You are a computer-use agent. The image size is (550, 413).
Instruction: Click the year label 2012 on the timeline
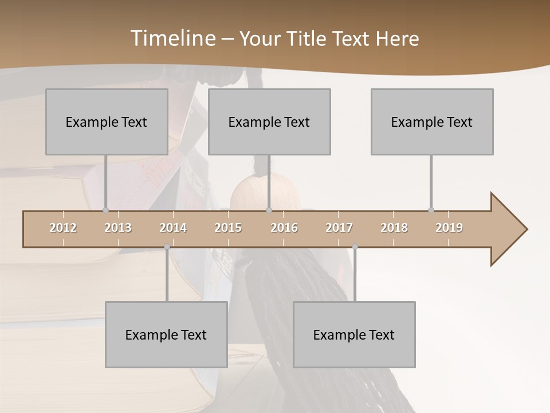point(63,228)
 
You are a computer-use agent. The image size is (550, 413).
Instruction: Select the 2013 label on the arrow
point(118,228)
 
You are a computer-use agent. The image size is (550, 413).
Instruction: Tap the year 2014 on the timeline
point(173,228)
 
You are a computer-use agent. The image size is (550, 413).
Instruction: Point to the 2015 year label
point(228,228)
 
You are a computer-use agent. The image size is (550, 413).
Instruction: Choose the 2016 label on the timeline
point(284,228)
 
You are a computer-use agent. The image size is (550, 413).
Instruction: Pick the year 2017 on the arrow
point(339,228)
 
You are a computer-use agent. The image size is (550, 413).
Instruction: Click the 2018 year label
point(394,228)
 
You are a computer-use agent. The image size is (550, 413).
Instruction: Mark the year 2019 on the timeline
point(449,228)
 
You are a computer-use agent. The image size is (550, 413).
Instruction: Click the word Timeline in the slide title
point(172,38)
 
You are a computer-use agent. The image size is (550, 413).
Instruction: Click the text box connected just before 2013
point(107,122)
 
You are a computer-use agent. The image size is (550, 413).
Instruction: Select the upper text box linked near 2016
point(269,122)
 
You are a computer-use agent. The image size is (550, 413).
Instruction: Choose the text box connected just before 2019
point(432,122)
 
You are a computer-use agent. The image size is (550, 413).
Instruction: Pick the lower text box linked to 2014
point(166,334)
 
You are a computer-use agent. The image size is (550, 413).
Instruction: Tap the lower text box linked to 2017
point(354,334)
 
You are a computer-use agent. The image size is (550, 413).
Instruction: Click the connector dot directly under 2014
point(167,247)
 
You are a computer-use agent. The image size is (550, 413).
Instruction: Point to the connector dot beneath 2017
point(355,247)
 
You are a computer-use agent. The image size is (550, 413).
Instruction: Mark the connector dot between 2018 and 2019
point(431,210)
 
